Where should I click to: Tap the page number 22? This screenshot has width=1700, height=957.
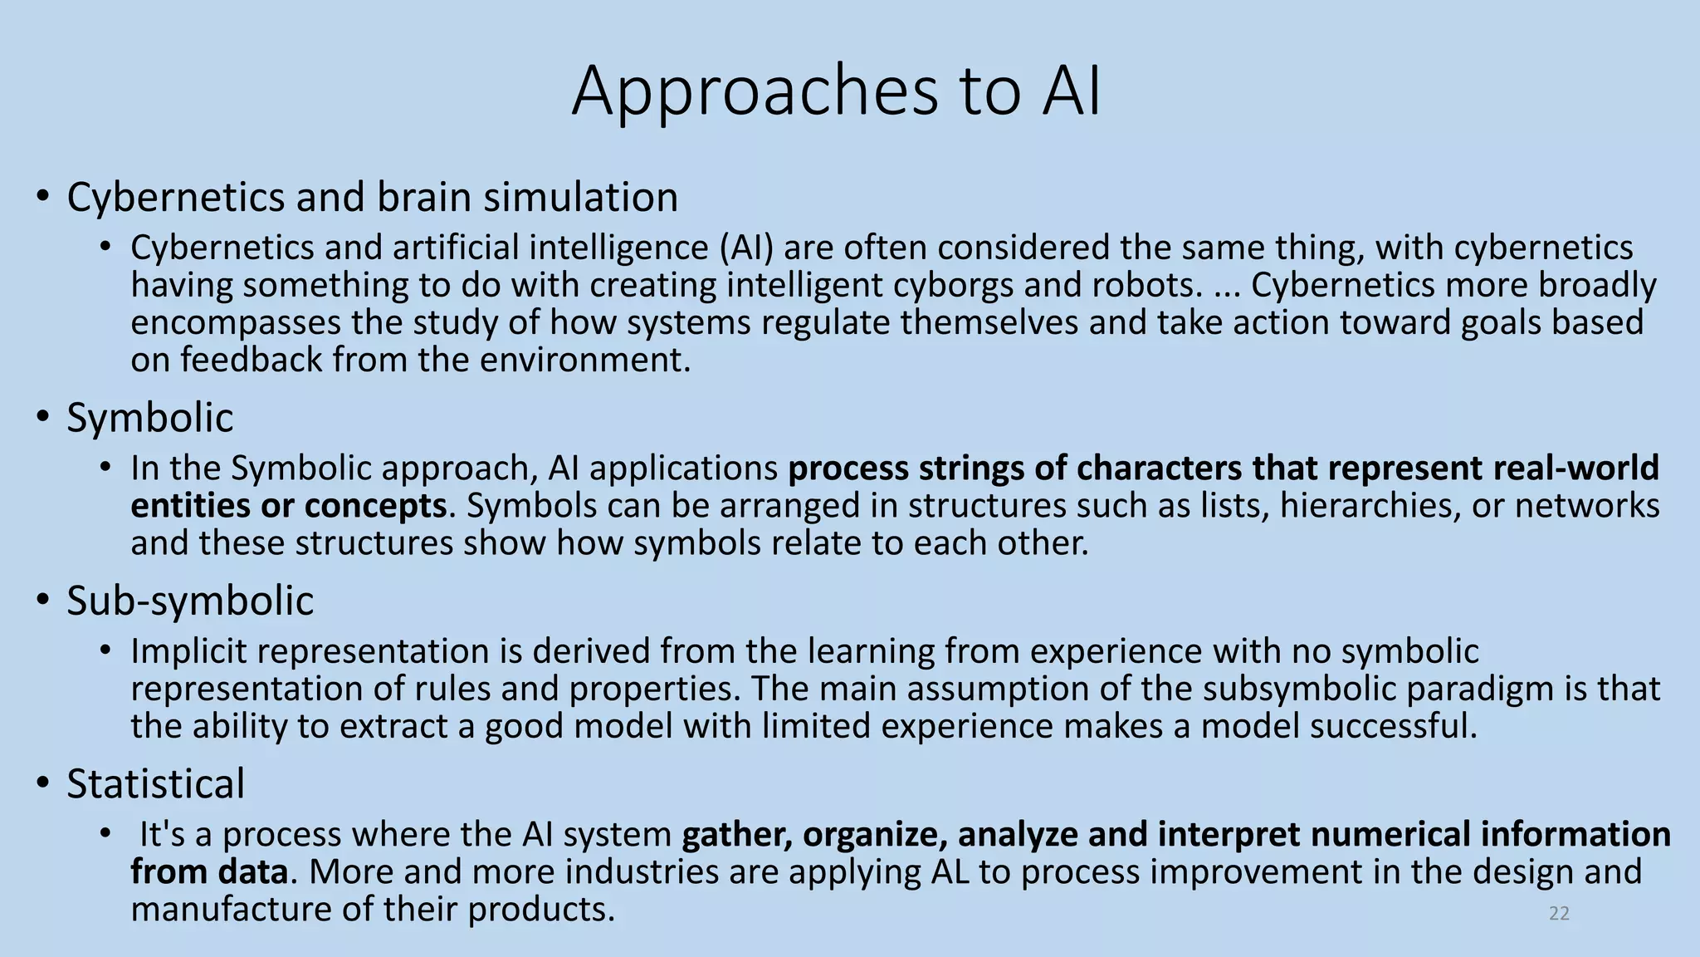[1559, 914]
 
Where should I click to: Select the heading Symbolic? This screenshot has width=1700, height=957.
[149, 417]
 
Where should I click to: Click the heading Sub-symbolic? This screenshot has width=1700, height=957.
[190, 601]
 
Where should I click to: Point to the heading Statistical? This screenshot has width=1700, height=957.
[155, 784]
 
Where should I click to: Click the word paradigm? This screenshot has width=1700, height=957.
[1507, 689]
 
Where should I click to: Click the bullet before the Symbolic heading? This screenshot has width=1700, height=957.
[42, 417]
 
